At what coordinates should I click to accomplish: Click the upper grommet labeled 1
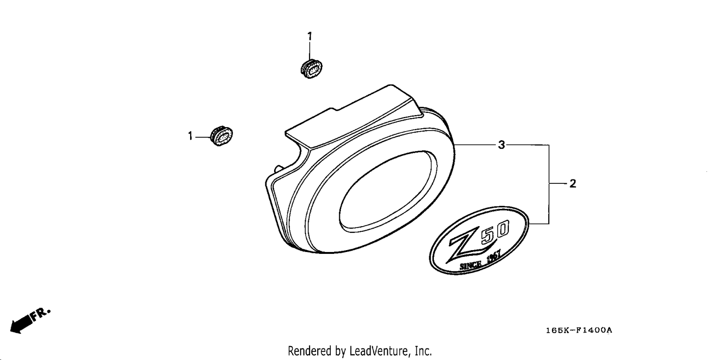pyautogui.click(x=311, y=69)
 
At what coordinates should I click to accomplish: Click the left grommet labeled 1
pyautogui.click(x=221, y=136)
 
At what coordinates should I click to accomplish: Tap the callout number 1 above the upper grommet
pyautogui.click(x=310, y=36)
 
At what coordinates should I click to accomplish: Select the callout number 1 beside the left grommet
pyautogui.click(x=190, y=136)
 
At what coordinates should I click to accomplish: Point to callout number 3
pyautogui.click(x=502, y=145)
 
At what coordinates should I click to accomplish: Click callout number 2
pyautogui.click(x=573, y=183)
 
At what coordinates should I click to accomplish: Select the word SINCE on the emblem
pyautogui.click(x=470, y=265)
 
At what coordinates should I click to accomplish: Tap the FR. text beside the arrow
pyautogui.click(x=41, y=314)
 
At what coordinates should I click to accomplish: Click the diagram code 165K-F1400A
pyautogui.click(x=579, y=330)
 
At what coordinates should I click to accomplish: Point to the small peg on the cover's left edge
pyautogui.click(x=278, y=168)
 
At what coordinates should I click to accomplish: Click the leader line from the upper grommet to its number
pyautogui.click(x=310, y=50)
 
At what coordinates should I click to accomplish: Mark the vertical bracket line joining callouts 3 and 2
pyautogui.click(x=549, y=184)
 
